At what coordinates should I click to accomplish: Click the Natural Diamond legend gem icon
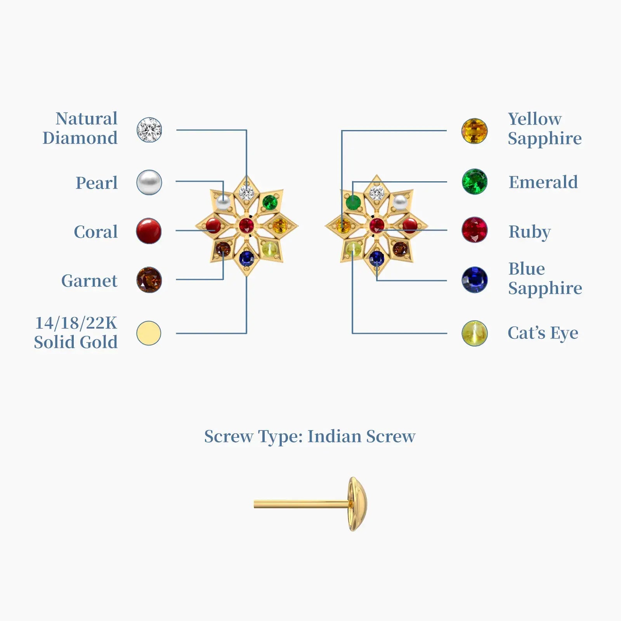(149, 130)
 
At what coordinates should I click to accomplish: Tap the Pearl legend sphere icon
(149, 182)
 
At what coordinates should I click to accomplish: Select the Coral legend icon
(149, 231)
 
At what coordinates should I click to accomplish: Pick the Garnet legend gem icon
(149, 280)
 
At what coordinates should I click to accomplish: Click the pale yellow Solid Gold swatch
(149, 333)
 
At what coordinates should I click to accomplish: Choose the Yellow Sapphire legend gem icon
(474, 131)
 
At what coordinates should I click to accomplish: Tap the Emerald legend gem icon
(474, 181)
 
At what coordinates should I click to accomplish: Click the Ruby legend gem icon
(474, 230)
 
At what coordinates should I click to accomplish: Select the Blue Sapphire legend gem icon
(474, 279)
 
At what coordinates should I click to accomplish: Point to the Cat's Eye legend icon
(474, 333)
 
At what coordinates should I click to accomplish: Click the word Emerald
(543, 182)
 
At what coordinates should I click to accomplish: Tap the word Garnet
(89, 281)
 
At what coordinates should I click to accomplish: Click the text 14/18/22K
(76, 323)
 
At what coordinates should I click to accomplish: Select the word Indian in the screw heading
(334, 436)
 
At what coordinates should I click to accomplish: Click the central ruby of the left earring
(246, 224)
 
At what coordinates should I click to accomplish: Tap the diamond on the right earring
(376, 193)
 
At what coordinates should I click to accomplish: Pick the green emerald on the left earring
(270, 202)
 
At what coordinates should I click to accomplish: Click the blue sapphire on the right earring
(376, 257)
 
